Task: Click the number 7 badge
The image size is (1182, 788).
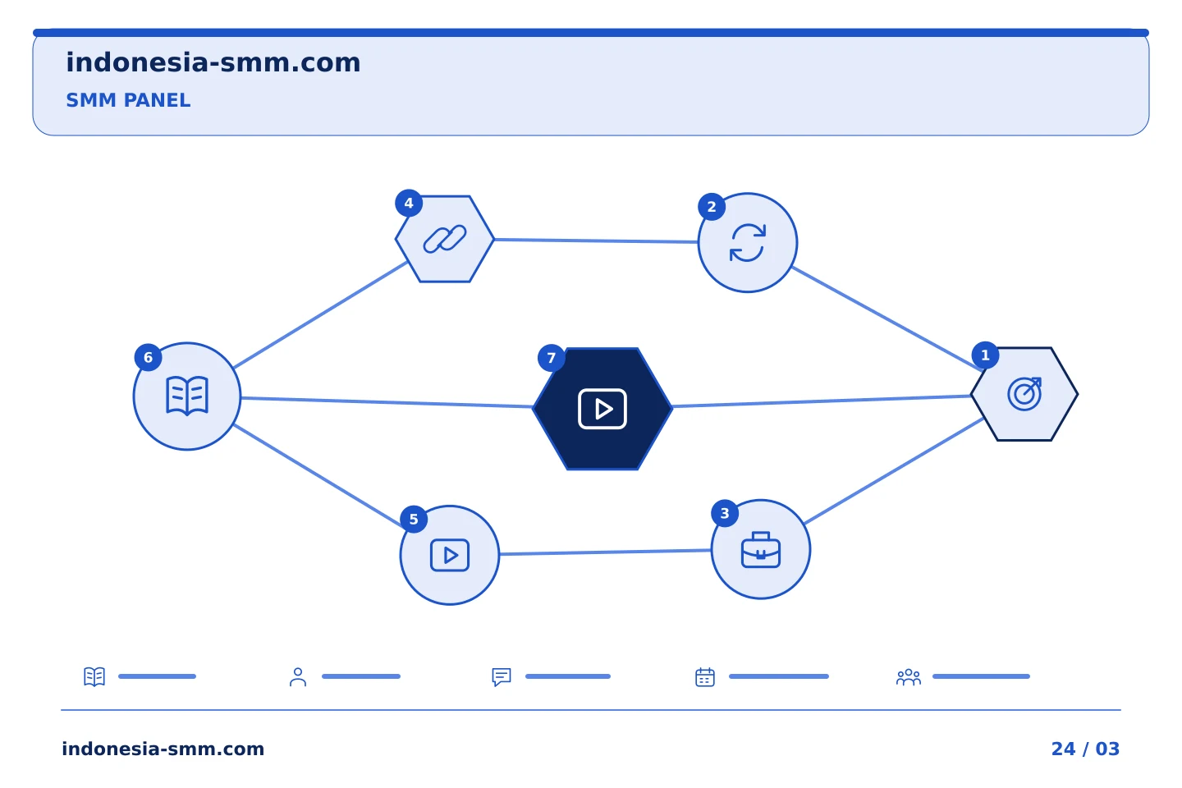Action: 551,359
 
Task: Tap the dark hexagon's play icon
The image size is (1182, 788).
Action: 602,409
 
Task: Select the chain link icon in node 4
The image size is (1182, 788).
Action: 445,239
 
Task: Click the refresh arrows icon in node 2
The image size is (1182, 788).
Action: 748,243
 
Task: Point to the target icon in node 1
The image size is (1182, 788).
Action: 1024,394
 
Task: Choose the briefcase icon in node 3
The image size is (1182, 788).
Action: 761,550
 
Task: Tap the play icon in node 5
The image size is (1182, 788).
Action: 450,555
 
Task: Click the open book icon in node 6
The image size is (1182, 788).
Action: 187,396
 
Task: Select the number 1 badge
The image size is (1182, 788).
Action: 985,355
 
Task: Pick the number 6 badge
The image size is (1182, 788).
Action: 149,357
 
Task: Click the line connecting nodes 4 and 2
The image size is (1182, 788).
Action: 596,241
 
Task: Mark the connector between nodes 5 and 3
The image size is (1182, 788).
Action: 605,552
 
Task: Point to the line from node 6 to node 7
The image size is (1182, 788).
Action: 387,402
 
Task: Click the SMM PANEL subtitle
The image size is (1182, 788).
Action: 128,100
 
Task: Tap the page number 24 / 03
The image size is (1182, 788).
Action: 1085,749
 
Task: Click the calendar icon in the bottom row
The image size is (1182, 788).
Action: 705,676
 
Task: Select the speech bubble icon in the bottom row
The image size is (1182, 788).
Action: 502,677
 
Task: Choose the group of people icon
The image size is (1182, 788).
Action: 909,677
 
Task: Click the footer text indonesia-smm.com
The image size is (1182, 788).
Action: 163,749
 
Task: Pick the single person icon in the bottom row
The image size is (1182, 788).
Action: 298,677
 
